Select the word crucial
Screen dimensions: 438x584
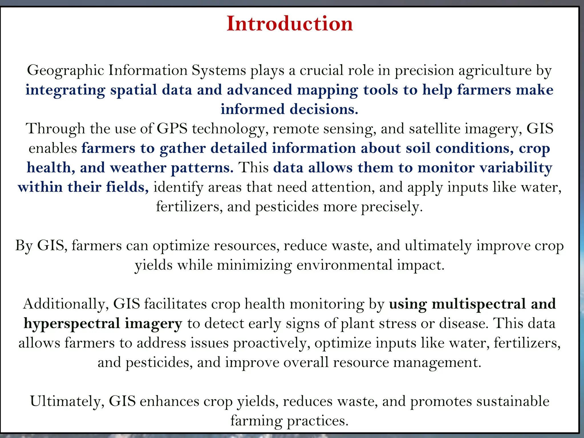(322, 70)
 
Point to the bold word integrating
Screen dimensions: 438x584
(65, 90)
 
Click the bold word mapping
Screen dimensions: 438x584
(327, 90)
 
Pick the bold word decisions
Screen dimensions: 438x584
(324, 109)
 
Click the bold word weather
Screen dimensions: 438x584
(138, 168)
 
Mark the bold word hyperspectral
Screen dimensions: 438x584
(72, 324)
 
